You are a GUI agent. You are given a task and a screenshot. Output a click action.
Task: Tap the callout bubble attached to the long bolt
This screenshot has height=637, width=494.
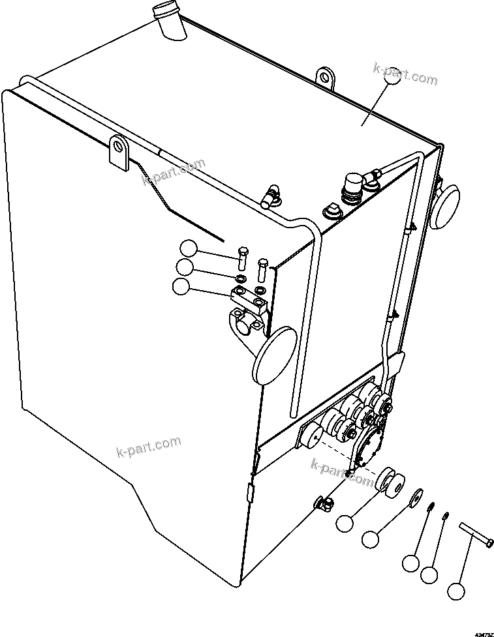[x=456, y=591]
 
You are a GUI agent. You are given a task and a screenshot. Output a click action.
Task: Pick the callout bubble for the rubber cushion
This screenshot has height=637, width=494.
[x=345, y=522]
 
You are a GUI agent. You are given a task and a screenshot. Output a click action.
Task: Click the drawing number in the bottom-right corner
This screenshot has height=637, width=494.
[x=483, y=633]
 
